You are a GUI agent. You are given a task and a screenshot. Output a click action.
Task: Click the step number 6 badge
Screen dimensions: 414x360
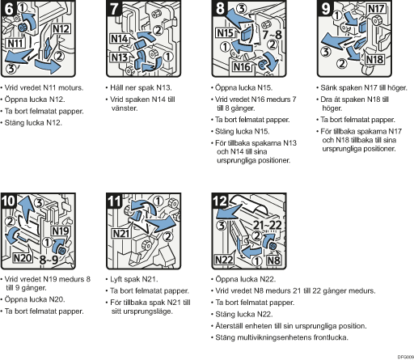tap(8, 8)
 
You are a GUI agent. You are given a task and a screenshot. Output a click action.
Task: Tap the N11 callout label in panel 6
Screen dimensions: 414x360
tap(15, 43)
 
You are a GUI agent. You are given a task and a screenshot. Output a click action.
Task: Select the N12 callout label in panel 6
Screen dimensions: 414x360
tap(61, 29)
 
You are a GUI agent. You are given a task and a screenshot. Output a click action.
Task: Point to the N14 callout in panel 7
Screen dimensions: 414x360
tap(119, 39)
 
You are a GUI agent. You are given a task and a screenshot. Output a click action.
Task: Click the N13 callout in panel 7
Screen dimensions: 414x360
tap(119, 57)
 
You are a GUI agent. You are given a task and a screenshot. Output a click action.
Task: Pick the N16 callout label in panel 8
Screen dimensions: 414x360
tap(242, 66)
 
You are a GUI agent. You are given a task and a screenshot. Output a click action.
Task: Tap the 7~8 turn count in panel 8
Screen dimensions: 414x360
tap(272, 35)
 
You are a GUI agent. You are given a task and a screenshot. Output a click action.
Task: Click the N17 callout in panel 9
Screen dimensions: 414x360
tap(376, 9)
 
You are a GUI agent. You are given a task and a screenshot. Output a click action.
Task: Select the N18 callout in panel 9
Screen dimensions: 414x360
tap(374, 59)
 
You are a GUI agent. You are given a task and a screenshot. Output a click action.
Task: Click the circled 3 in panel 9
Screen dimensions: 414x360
tap(326, 51)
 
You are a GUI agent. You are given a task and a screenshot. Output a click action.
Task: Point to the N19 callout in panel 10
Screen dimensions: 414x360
tap(61, 231)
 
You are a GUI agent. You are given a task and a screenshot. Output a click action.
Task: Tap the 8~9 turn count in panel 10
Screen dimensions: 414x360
tap(49, 260)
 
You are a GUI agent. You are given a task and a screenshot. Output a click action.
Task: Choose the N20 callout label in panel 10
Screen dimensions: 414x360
tap(23, 258)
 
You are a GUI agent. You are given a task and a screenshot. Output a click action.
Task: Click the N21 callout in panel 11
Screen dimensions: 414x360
tap(121, 233)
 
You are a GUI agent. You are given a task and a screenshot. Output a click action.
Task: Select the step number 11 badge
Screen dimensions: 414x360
tap(114, 201)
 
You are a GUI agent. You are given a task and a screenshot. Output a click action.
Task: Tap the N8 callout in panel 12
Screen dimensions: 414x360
tap(273, 260)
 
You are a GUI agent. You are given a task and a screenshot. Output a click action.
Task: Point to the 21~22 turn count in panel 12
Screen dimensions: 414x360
tap(268, 225)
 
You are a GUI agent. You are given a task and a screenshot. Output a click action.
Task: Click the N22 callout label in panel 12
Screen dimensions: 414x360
tap(224, 260)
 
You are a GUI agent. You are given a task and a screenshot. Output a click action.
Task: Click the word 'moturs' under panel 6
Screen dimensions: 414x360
tap(71, 87)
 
